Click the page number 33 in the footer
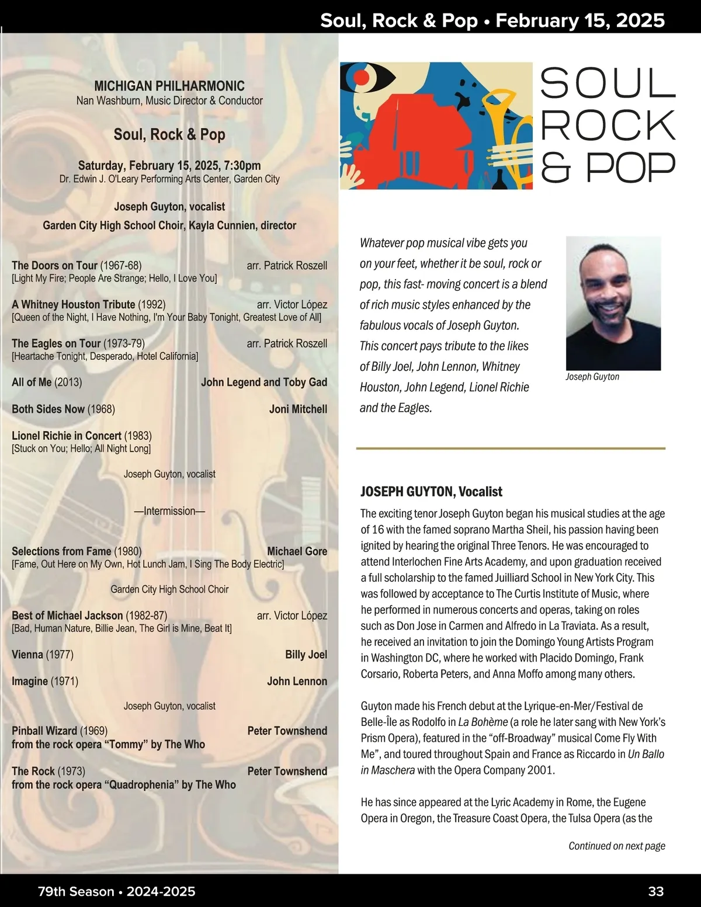tap(655, 891)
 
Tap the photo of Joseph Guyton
tap(613, 303)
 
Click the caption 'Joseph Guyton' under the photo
tap(592, 377)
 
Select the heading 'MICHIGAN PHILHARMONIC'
tap(169, 86)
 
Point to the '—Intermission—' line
tap(169, 511)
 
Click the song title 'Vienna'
tap(27, 655)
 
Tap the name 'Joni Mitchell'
tap(298, 409)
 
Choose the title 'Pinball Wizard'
tap(44, 731)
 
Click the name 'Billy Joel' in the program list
tap(306, 655)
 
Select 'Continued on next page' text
tap(617, 846)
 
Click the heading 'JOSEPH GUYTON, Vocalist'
tap(431, 492)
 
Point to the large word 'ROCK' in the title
tap(608, 125)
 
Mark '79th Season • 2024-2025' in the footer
tap(117, 891)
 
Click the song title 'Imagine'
tap(30, 682)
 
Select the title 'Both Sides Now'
tap(48, 409)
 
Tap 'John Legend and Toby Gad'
tap(264, 383)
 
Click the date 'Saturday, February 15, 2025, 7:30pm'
tap(169, 166)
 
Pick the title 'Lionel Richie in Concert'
tap(67, 436)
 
